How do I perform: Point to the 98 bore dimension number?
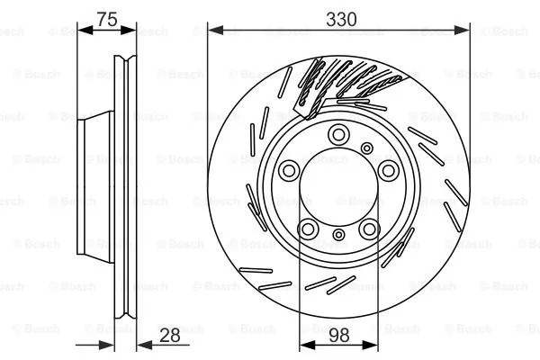338,336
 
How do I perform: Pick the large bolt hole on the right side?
389,170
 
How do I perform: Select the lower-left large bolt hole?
308,229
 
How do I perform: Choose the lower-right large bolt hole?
369,229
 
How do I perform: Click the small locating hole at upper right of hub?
366,148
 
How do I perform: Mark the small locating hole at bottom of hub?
338,236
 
